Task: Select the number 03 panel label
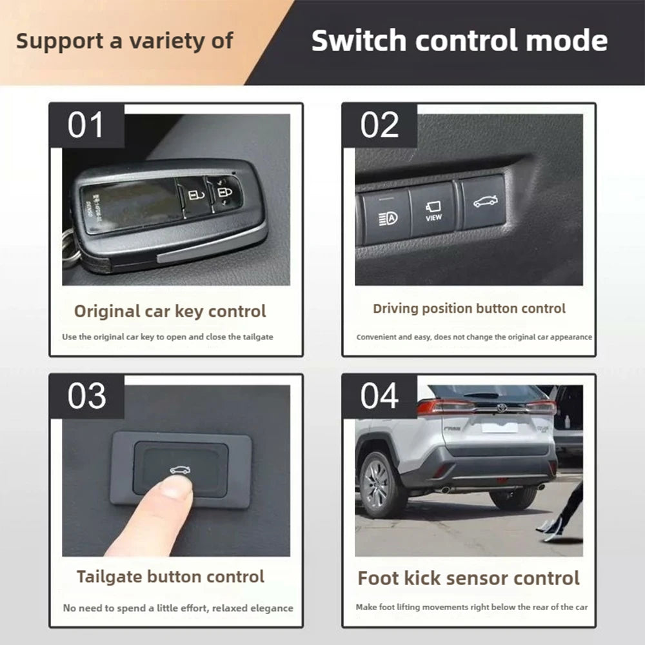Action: [86, 395]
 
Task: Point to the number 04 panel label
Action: [379, 395]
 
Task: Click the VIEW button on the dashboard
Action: [433, 210]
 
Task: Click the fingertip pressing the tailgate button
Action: [174, 490]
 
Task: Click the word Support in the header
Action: [59, 41]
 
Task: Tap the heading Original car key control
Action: [170, 311]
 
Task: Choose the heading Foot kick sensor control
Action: [469, 578]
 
